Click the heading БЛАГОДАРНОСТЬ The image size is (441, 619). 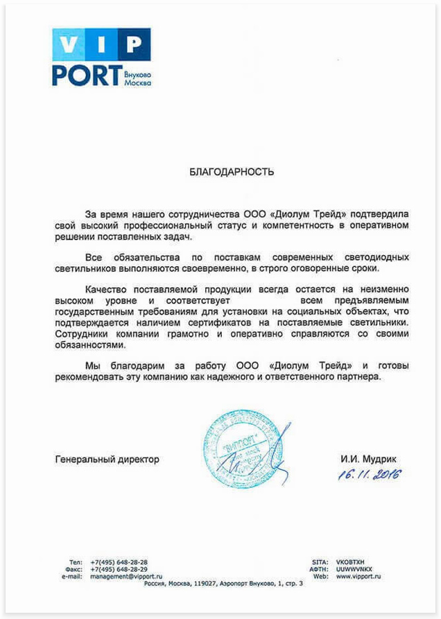tap(232, 171)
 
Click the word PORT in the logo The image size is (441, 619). tap(83, 75)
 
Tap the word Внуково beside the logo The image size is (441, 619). tap(136, 73)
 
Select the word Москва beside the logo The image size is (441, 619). tap(137, 82)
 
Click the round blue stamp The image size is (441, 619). tap(236, 448)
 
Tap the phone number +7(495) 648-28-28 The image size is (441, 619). tap(119, 562)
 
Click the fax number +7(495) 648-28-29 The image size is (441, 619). tap(119, 569)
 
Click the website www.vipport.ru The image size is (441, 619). tap(358, 576)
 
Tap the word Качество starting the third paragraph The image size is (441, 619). tap(106, 288)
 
